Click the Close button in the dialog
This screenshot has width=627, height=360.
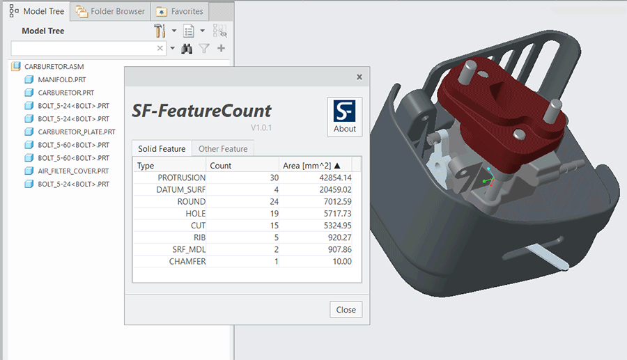[346, 309]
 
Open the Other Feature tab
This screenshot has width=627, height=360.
[223, 148]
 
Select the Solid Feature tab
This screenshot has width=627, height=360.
[162, 148]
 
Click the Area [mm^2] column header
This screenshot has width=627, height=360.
[311, 165]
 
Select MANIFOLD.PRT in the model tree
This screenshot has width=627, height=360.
[61, 79]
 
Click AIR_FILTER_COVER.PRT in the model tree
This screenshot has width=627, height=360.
[73, 171]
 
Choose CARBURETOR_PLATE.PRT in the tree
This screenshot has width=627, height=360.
[76, 132]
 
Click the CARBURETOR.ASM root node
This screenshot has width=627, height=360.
[54, 67]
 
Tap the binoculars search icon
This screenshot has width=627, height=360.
[187, 49]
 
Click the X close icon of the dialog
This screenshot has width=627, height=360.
[359, 77]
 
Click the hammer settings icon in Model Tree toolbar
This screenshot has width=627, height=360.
[160, 31]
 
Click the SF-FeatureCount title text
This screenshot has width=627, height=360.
[201, 110]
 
